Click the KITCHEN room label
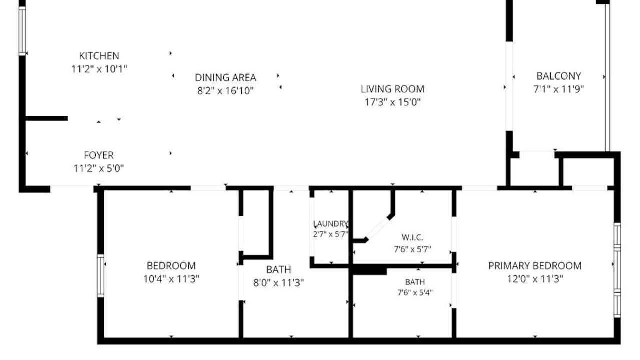(99, 56)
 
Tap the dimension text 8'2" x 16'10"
(225, 91)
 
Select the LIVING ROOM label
(393, 89)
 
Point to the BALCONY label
(559, 76)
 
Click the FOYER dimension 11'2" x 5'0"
(99, 168)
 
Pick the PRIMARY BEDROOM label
(535, 266)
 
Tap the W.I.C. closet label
(412, 237)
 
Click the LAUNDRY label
(331, 224)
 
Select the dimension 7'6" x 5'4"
(415, 293)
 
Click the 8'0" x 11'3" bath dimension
(279, 283)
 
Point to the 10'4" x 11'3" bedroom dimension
(171, 279)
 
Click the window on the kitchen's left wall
(22, 31)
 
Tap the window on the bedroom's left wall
(101, 275)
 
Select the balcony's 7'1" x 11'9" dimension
(559, 89)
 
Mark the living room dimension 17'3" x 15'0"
(393, 102)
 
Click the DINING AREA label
(225, 77)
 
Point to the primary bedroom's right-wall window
(617, 270)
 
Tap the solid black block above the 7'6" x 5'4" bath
(369, 270)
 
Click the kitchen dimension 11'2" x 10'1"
(99, 69)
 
